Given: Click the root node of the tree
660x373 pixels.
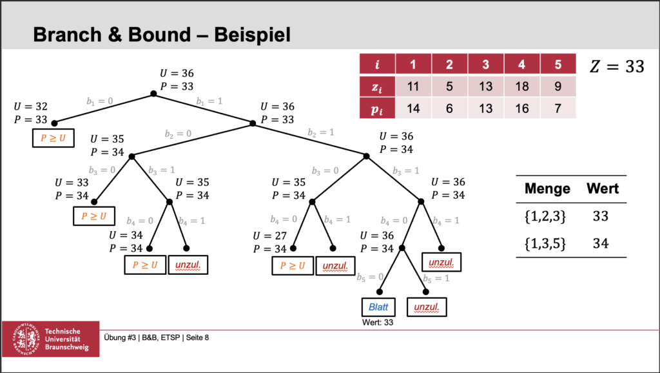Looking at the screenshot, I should tap(153, 94).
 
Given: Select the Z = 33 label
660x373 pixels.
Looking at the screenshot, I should tap(617, 66).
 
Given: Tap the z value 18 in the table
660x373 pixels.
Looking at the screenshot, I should tap(522, 86).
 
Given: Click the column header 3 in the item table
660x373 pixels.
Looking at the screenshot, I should tap(487, 65).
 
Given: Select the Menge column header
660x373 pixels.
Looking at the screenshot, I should tap(547, 188).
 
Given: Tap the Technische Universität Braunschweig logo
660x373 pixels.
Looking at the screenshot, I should tap(51, 338).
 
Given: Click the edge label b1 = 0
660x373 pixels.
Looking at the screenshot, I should tap(101, 101).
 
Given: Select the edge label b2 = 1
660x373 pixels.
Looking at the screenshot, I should tap(322, 132).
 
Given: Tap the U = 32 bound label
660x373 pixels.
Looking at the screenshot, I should tap(30, 106).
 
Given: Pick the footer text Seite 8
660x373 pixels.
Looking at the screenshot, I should tap(196, 337).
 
